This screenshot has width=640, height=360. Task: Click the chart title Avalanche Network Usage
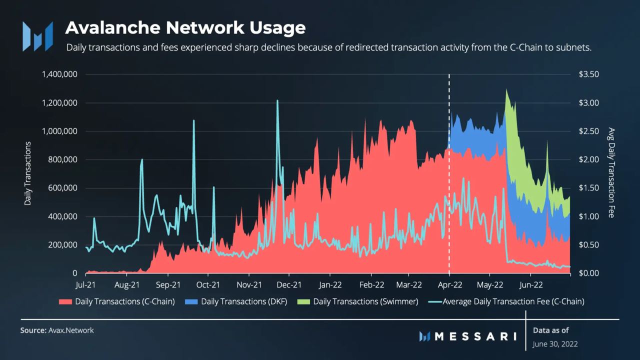[185, 27]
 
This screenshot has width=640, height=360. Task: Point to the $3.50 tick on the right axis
[588, 74]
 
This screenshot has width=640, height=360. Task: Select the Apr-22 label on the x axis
[449, 285]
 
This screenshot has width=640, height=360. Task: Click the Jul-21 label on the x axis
[85, 285]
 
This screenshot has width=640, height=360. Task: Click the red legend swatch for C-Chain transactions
[65, 301]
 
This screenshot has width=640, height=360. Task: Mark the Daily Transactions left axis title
[28, 173]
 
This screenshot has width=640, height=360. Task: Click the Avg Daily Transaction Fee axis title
[611, 173]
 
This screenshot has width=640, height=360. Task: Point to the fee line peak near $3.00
[277, 101]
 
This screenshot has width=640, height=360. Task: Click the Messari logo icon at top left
[37, 36]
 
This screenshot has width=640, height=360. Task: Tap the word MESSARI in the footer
[475, 336]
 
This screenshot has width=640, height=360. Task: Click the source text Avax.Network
[71, 330]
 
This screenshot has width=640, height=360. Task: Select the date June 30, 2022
[555, 344]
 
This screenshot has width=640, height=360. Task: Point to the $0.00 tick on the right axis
[588, 273]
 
